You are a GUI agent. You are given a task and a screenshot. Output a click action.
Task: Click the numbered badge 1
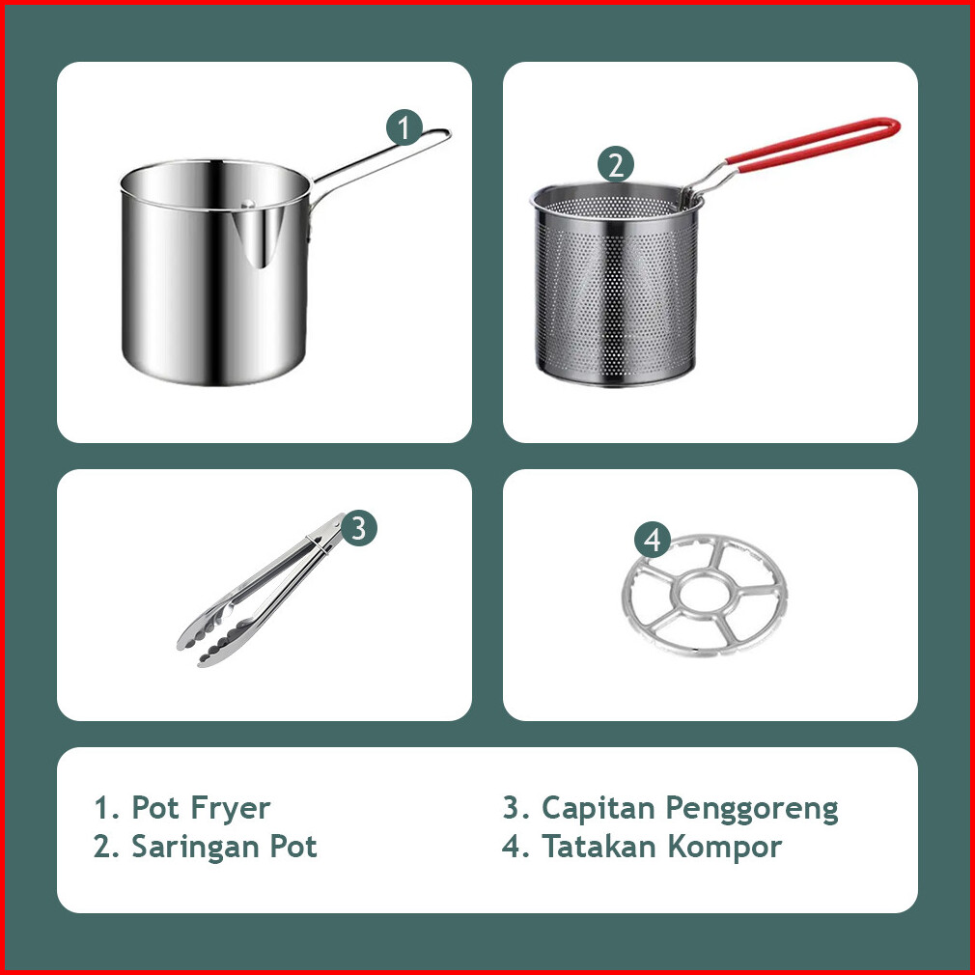tap(404, 127)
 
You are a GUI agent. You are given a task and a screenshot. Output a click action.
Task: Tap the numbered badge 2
tap(616, 165)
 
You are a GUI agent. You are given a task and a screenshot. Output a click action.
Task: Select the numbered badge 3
tap(359, 529)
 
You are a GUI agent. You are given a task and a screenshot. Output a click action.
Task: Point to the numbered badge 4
tap(653, 539)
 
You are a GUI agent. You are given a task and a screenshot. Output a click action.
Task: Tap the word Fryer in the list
tap(231, 808)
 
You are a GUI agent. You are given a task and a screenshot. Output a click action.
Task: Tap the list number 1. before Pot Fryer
tap(106, 808)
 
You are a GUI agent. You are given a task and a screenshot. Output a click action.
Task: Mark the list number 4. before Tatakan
tap(515, 847)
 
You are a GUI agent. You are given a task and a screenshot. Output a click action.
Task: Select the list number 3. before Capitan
tap(516, 808)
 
